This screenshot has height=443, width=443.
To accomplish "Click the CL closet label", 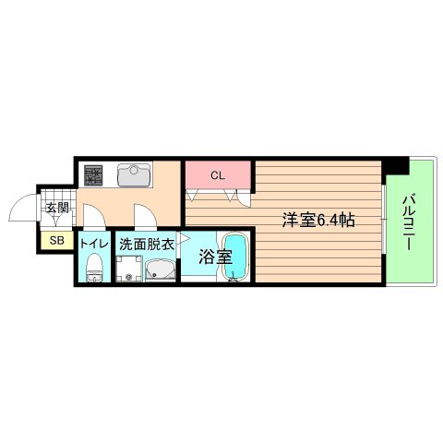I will point(218,174).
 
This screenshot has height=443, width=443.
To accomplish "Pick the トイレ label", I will point(93,244).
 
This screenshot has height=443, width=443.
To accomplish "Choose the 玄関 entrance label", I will point(56,208).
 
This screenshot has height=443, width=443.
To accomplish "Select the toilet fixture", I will point(93,269).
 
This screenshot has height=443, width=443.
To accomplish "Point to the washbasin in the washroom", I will point(161,270).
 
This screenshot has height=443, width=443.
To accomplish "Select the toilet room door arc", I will point(93,219).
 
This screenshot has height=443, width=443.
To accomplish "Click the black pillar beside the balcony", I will point(397,166).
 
